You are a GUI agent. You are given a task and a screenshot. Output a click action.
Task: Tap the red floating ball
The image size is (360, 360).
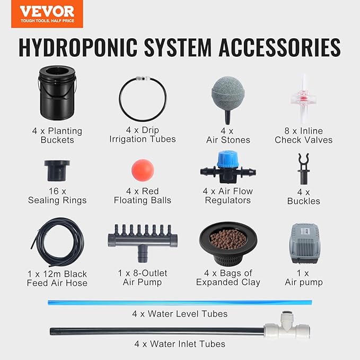[x=142, y=169]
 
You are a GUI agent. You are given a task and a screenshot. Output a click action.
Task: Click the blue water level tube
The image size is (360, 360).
[x=179, y=302]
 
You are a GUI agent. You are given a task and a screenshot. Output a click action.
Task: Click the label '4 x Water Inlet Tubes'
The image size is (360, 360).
[x=180, y=344]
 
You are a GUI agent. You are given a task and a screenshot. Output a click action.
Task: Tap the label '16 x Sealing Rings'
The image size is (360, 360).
[x=57, y=196]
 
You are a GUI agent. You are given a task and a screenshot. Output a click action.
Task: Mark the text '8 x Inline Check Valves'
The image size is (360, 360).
[x=304, y=135]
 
